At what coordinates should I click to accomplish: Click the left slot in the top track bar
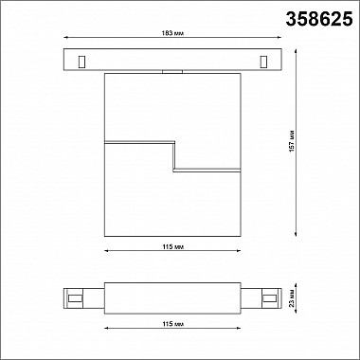pos(81,62)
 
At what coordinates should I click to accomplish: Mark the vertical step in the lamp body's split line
pos(172,157)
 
